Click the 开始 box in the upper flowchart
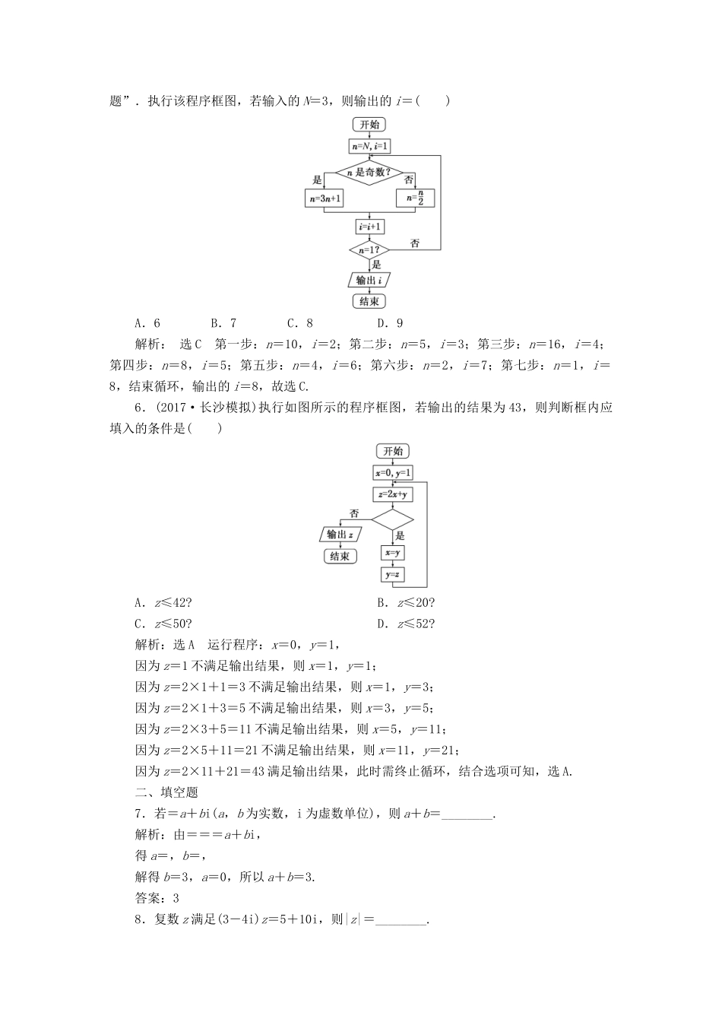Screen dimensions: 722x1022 (369, 125)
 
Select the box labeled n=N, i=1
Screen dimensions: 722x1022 (369, 146)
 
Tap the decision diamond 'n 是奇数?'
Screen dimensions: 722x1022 (369, 172)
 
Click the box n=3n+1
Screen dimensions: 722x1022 (324, 198)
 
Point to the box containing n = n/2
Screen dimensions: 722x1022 (415, 198)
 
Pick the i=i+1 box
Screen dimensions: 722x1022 (369, 227)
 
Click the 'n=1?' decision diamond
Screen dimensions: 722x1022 (369, 249)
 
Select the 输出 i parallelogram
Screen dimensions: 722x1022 (369, 280)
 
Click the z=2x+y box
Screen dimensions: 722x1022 (393, 494)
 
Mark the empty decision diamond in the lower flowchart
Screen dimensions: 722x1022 (393, 520)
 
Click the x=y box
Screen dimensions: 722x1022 (393, 553)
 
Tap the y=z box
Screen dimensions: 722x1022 (393, 575)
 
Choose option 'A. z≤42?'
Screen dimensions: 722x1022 (163, 603)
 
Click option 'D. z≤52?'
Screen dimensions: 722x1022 (406, 624)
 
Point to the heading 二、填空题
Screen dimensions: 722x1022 (166, 792)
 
